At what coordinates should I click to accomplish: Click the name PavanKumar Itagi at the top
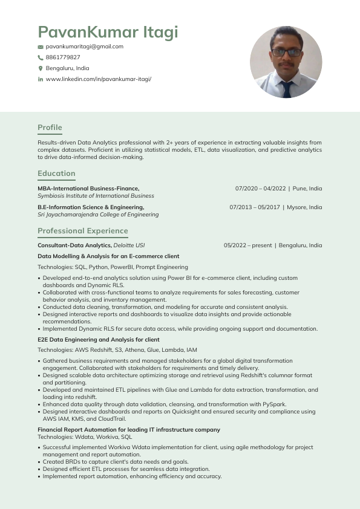[x=108, y=32]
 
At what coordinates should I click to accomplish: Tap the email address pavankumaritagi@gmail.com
[x=84, y=47]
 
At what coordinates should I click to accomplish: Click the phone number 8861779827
[x=63, y=57]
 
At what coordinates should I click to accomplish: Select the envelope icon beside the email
[x=41, y=47]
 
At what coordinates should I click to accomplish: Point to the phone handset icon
[x=41, y=57]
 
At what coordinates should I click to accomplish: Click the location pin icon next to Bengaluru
[x=41, y=68]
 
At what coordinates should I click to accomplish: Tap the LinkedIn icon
[x=41, y=79]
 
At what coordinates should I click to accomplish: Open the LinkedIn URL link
[x=98, y=79]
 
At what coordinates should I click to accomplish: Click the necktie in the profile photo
[x=287, y=88]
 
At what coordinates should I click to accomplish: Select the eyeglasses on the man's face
[x=286, y=53]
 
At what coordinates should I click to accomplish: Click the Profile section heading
[x=50, y=128]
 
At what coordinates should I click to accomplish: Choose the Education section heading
[x=56, y=173]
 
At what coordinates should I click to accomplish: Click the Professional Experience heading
[x=83, y=231]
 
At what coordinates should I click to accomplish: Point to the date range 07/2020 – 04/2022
[x=260, y=189]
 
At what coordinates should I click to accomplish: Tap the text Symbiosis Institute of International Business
[x=96, y=196]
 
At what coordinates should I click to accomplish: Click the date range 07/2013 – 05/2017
[x=255, y=207]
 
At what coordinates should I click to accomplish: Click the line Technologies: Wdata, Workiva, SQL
[x=85, y=436]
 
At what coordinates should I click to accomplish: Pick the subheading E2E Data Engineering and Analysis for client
[x=98, y=340]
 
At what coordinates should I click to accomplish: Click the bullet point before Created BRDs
[x=39, y=462]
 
